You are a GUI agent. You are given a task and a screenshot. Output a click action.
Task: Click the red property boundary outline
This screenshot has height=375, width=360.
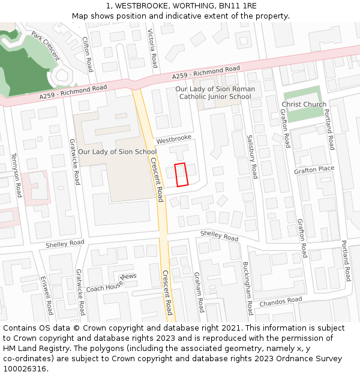pyautogui.click(x=181, y=175)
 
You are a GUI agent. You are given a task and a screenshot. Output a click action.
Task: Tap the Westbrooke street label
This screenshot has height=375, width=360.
pyautogui.click(x=173, y=139)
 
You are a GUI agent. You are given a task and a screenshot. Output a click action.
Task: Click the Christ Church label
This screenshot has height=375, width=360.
pyautogui.click(x=304, y=104)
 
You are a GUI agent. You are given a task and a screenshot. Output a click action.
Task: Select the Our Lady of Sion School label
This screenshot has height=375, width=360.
pyautogui.click(x=117, y=152)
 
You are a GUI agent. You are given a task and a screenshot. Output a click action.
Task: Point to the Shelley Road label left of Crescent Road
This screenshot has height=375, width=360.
pyautogui.click(x=65, y=244)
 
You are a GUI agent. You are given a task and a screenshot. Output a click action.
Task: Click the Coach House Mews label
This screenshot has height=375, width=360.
pyautogui.click(x=111, y=284)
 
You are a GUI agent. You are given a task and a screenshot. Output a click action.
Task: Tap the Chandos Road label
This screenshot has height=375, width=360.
pyautogui.click(x=280, y=302)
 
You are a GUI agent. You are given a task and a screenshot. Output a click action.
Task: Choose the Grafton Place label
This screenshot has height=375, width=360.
pyautogui.click(x=314, y=169)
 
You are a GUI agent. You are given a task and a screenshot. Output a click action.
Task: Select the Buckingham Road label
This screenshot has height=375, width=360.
pyautogui.click(x=247, y=288)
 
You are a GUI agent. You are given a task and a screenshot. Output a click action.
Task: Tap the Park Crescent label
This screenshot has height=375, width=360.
pyautogui.click(x=46, y=46)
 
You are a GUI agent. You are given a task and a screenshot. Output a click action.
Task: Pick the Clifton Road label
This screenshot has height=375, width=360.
pyautogui.click(x=88, y=53)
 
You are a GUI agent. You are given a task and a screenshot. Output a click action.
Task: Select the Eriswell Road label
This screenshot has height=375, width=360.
pyautogui.click(x=47, y=295)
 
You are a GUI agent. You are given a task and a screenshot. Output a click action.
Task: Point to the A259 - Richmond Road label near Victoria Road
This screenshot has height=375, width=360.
pyautogui.click(x=206, y=73)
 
